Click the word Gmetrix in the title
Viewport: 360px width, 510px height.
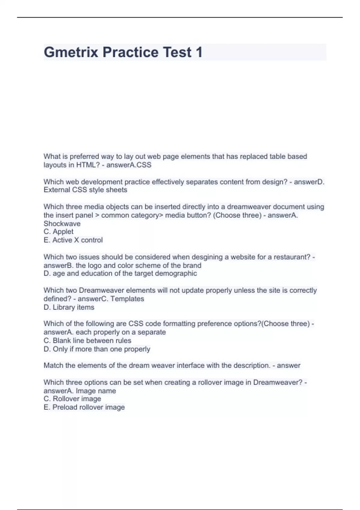(71, 52)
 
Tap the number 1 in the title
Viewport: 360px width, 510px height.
(199, 52)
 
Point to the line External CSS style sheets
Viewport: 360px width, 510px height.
(85, 190)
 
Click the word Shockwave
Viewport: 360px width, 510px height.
(62, 223)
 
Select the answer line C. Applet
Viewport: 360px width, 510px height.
(58, 232)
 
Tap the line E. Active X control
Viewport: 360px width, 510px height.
(73, 240)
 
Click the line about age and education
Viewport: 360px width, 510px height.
(120, 274)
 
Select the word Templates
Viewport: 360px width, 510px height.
(127, 299)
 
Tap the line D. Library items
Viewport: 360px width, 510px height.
(69, 307)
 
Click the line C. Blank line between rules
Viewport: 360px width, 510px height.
(87, 340)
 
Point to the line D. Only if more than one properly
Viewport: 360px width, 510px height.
(97, 349)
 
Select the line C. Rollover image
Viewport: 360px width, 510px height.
(72, 399)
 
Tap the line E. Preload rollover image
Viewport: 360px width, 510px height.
(84, 407)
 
